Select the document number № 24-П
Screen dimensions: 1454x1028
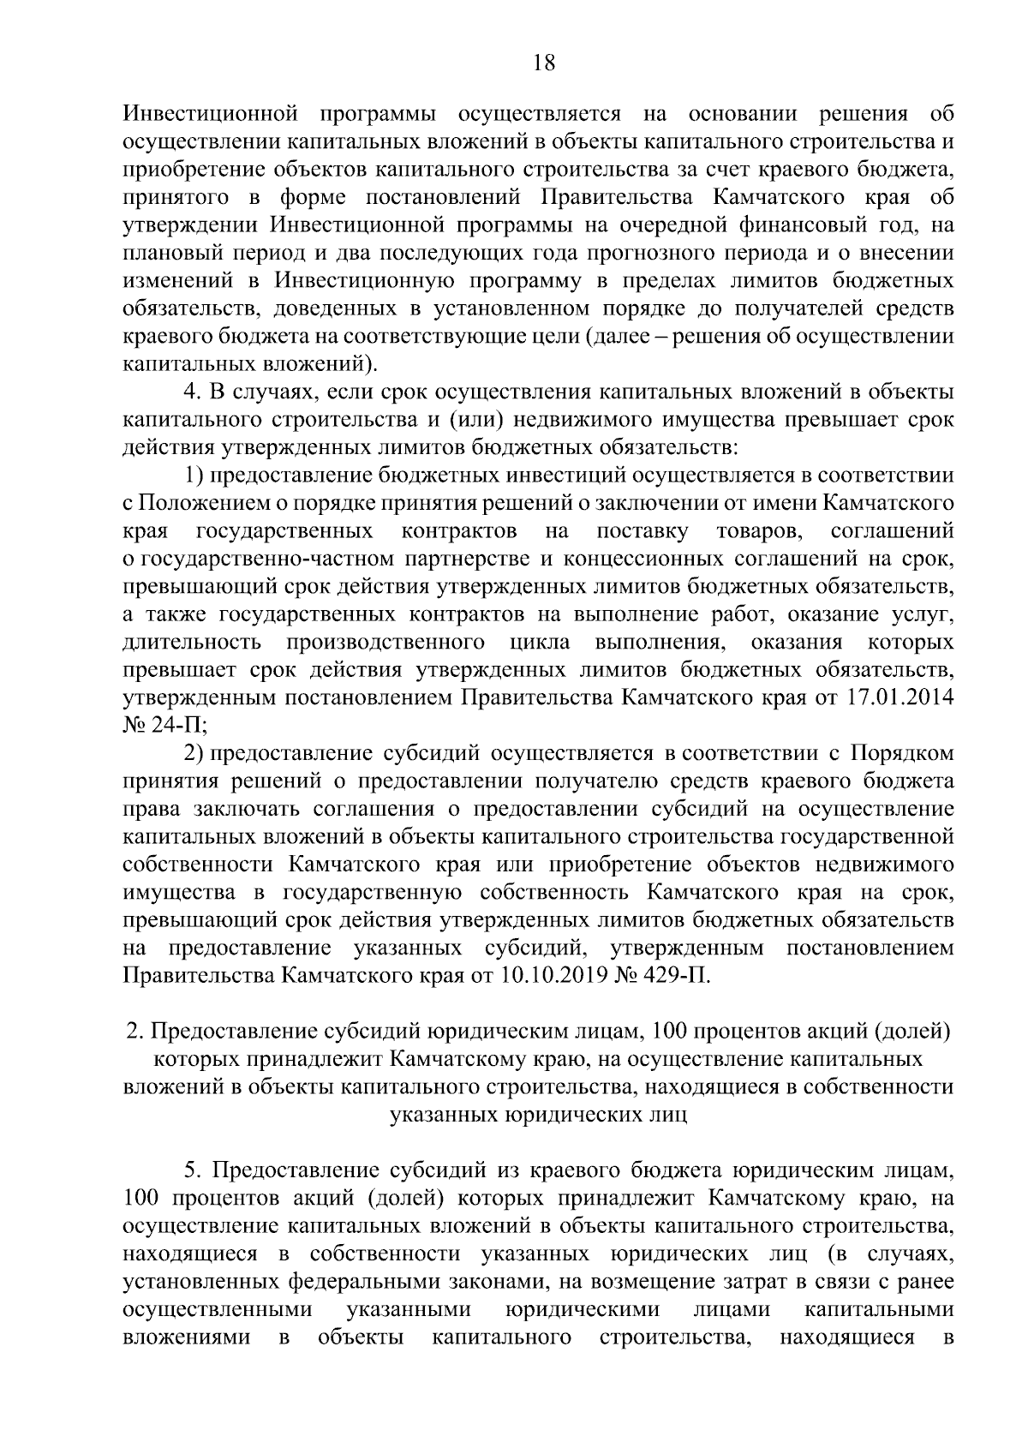[164, 726]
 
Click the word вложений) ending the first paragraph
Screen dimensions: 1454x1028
[325, 363]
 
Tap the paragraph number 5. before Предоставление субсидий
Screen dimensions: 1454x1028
[194, 1170]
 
